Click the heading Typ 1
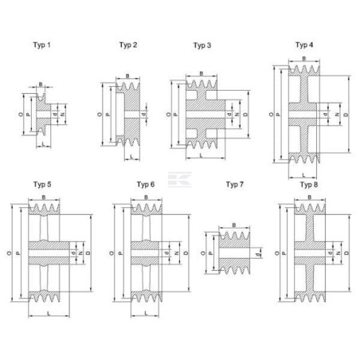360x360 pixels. (41, 45)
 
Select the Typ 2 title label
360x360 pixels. (128, 45)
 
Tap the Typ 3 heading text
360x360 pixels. (202, 45)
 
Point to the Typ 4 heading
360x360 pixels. (304, 45)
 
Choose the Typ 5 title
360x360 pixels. (42, 184)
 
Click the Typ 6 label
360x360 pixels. (146, 184)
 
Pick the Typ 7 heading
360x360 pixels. (235, 184)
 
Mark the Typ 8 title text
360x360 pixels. (309, 184)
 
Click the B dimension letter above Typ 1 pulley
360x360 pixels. (41, 84)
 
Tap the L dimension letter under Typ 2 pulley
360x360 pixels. (131, 157)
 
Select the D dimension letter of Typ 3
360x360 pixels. (245, 115)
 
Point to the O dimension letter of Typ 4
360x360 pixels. (271, 115)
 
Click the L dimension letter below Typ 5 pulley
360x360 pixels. (49, 314)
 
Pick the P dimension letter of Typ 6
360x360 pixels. (120, 253)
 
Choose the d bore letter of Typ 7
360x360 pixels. (256, 255)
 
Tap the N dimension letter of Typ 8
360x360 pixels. (338, 253)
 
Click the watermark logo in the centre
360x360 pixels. (180, 180)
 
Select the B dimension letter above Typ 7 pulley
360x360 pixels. (234, 225)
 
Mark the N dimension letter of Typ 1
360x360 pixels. (63, 115)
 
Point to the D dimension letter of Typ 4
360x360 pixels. (346, 115)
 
